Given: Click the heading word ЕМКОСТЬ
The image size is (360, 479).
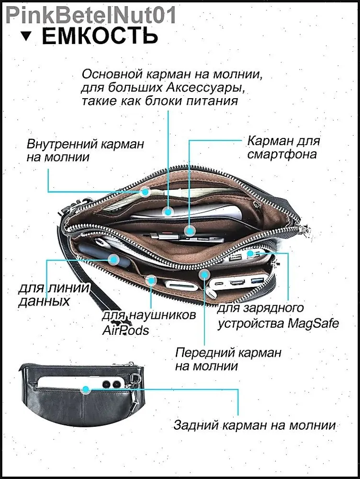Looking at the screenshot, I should point(100,36).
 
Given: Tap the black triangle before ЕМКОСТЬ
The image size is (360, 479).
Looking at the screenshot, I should point(27,36).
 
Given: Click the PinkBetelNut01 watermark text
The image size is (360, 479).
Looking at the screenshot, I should point(89,14).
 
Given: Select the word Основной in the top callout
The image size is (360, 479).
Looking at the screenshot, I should point(112,75).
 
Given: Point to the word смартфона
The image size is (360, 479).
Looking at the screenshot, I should point(282,154).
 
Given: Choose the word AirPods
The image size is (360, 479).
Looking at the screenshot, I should point(126,330).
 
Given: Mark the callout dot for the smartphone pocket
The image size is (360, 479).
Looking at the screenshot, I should point(190,231).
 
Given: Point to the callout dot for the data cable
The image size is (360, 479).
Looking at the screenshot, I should point(113,260).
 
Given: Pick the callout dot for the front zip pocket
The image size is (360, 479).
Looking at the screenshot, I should point(205,274).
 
